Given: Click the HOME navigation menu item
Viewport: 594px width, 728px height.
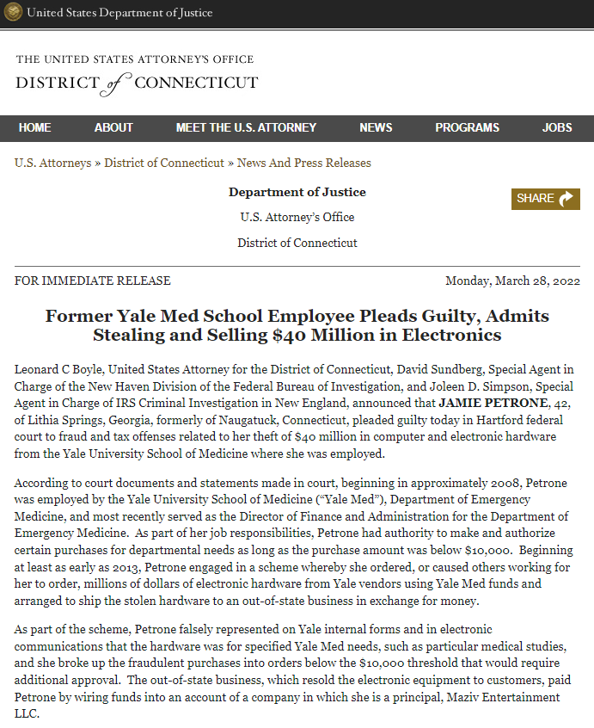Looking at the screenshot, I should pyautogui.click(x=34, y=127).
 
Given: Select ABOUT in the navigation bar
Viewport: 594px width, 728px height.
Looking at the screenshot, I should pyautogui.click(x=113, y=127).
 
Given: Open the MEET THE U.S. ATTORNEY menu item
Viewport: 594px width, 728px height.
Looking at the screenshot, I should pyautogui.click(x=246, y=127).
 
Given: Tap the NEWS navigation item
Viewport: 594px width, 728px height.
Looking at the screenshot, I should pyautogui.click(x=376, y=127).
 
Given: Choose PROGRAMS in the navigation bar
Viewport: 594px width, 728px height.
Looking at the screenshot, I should pyautogui.click(x=467, y=127).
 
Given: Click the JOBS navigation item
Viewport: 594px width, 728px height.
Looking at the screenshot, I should pyautogui.click(x=557, y=127).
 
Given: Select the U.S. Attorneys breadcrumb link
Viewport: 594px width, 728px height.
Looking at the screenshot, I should pyautogui.click(x=52, y=163).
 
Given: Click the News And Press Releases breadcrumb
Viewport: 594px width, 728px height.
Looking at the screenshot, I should pyautogui.click(x=304, y=163).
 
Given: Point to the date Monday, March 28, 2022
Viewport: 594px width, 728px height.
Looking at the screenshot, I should pyautogui.click(x=512, y=281).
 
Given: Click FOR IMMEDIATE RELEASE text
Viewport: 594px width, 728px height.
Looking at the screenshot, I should pyautogui.click(x=93, y=281).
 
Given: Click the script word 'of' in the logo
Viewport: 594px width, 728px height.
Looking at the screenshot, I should pyautogui.click(x=118, y=83).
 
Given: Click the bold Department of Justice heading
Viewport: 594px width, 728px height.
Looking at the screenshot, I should pyautogui.click(x=297, y=192).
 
